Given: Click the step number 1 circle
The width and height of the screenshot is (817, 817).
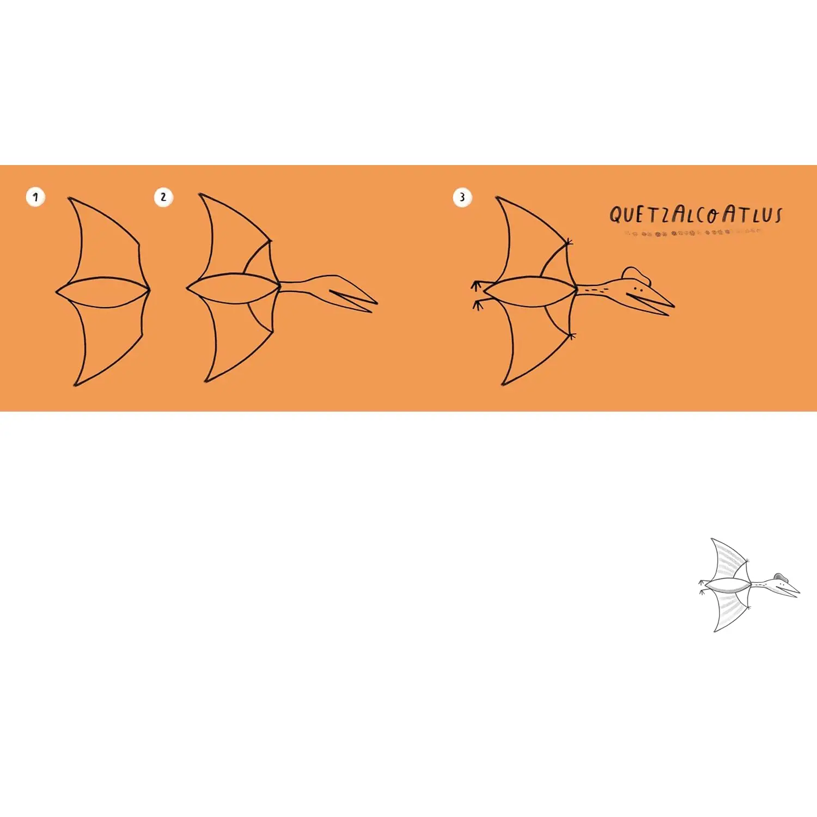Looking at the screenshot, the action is click(35, 197).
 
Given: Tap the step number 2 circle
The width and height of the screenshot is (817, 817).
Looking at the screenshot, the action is click(163, 197).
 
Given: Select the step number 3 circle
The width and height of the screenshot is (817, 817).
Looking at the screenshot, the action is click(462, 197).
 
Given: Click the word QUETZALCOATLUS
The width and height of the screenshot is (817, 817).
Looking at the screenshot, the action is click(696, 214).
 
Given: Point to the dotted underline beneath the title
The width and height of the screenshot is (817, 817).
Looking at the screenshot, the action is click(693, 233).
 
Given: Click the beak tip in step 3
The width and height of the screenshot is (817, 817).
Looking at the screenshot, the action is click(673, 306).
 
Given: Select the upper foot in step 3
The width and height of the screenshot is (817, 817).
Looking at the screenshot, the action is click(478, 286).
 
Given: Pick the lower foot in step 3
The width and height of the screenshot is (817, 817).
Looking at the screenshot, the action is click(478, 304).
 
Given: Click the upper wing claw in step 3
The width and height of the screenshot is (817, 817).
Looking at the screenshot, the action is click(569, 241).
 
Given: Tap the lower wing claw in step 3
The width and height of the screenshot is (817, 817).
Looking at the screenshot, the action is click(571, 336).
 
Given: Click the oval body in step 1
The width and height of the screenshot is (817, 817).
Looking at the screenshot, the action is click(102, 292).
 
